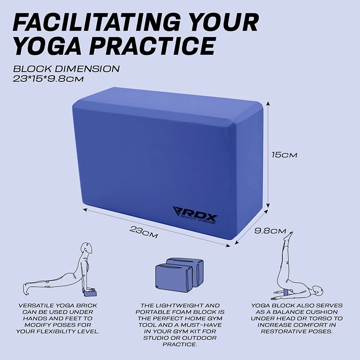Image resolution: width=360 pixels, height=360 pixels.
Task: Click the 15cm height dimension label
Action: [x=284, y=155]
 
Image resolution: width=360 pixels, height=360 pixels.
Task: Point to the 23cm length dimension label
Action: [x=144, y=232]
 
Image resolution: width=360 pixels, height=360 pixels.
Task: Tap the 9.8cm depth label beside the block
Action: [x=270, y=231]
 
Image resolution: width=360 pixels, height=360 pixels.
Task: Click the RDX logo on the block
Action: [x=195, y=215]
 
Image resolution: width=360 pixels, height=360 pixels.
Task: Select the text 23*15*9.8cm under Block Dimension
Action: [x=48, y=79]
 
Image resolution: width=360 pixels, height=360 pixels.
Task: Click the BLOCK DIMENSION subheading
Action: [x=66, y=69]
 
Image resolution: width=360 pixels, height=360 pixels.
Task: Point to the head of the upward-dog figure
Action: [x=87, y=248]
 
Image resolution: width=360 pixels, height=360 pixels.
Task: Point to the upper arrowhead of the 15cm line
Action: [x=268, y=104]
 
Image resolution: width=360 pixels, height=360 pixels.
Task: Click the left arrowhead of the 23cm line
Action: [x=85, y=210]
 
